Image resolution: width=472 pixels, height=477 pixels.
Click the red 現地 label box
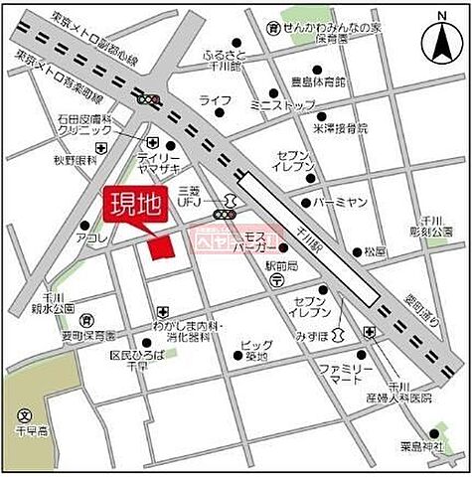click(133, 208)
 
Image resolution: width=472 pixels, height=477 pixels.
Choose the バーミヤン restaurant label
click(341, 202)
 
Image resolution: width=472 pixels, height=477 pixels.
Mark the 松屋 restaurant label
click(375, 250)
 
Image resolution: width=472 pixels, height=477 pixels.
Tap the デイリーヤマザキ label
click(159, 165)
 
